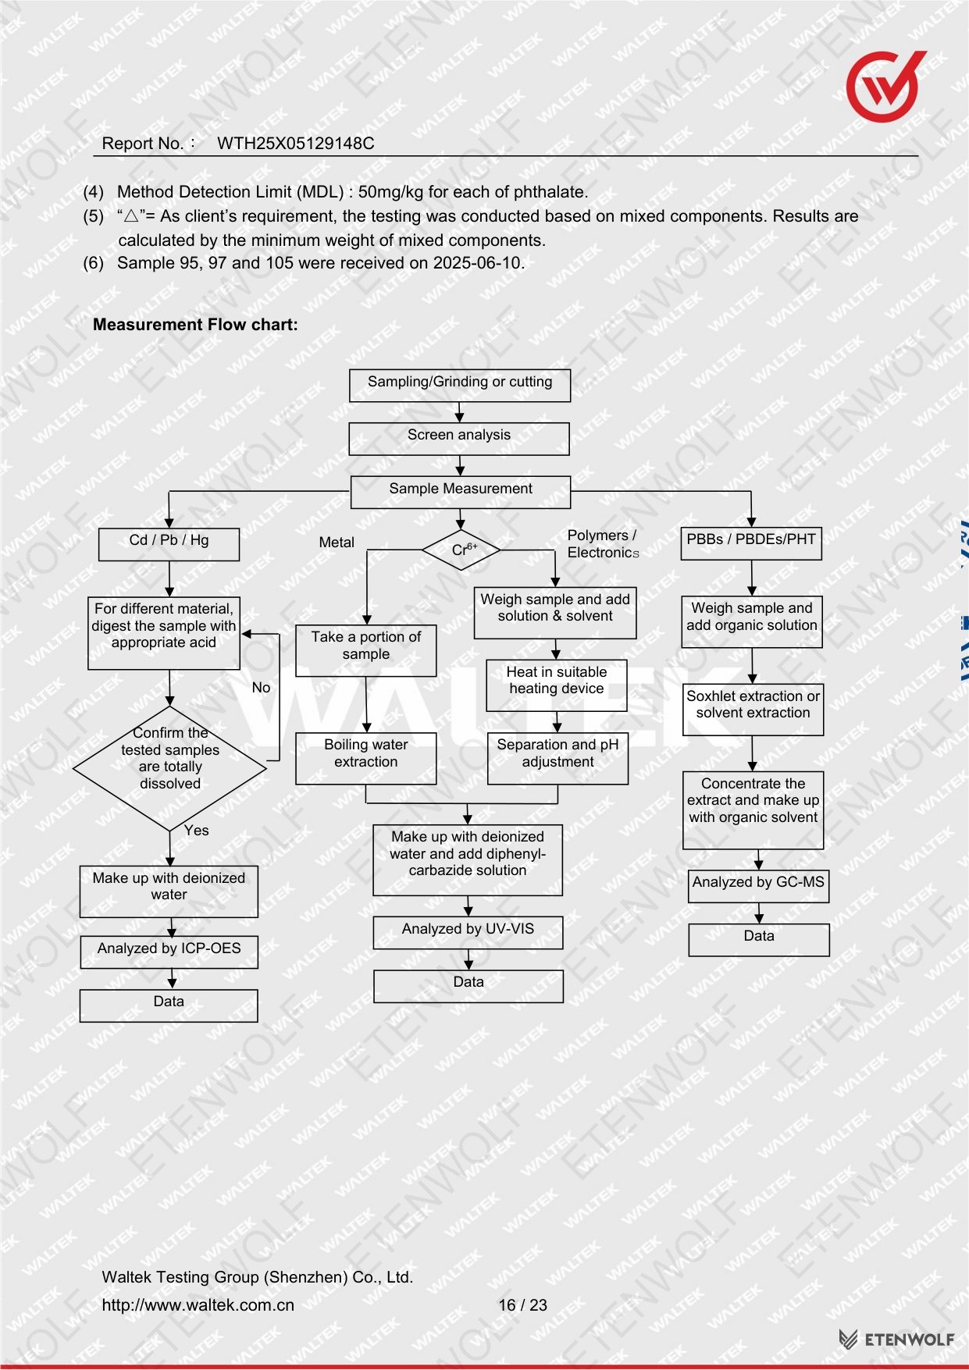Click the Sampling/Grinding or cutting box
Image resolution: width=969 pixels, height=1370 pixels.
click(x=460, y=386)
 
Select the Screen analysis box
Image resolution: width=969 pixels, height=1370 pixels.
click(x=459, y=439)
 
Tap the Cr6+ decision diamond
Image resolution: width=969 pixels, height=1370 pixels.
click(x=461, y=550)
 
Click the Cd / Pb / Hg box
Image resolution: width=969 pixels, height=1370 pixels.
click(x=169, y=544)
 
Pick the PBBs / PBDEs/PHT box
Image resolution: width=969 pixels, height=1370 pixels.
click(x=751, y=543)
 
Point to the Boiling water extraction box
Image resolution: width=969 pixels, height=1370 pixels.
click(x=366, y=758)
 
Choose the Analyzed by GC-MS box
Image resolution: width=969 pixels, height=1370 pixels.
click(x=758, y=887)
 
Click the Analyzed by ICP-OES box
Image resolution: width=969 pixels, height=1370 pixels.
click(x=169, y=952)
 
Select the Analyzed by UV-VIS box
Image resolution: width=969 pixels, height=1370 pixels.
click(x=468, y=933)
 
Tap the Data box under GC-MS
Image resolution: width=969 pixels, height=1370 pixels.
click(x=759, y=940)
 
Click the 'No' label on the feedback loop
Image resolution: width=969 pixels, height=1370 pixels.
click(x=261, y=688)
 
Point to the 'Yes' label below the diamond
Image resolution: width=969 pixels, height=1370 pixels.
click(x=197, y=831)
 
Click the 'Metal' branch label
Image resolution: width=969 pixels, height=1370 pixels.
click(x=337, y=543)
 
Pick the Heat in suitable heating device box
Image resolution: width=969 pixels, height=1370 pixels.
click(x=557, y=685)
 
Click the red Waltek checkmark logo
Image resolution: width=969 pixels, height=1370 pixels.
click(x=885, y=86)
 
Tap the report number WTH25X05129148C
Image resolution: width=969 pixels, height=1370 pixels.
click(x=295, y=144)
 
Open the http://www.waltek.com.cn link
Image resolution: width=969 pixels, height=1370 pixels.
click(x=198, y=1305)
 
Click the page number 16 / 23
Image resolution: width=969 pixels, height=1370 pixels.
click(x=523, y=1305)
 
